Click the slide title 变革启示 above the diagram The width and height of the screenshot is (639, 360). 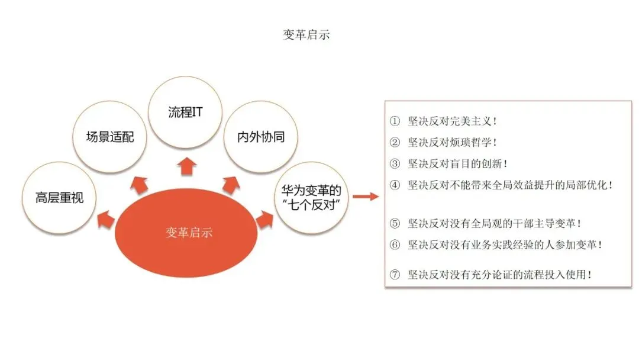(306, 35)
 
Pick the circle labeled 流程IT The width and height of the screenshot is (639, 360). (186, 112)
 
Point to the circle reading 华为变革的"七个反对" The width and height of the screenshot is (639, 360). (311, 197)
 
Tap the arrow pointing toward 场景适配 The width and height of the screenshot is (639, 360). (140, 184)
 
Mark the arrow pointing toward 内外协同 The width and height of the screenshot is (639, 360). (230, 184)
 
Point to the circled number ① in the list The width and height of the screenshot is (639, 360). (395, 121)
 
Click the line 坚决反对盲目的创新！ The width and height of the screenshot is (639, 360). (457, 163)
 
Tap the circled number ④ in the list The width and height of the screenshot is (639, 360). (395, 185)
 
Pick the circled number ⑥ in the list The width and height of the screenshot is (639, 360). (395, 244)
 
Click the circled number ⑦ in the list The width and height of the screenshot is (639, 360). (395, 275)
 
